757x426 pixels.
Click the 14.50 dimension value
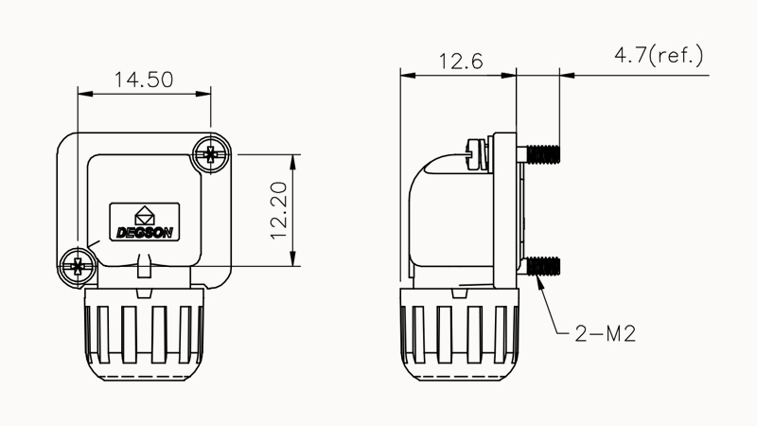pos(143,80)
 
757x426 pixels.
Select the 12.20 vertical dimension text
pos(279,210)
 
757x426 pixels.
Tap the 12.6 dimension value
pos(461,62)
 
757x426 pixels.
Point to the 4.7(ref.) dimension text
pos(660,55)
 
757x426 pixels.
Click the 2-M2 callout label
pos(604,333)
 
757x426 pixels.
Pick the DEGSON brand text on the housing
pos(144,231)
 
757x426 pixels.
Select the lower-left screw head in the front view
pos(77,265)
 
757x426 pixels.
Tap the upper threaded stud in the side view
pos(543,152)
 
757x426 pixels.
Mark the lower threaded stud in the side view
pos(543,264)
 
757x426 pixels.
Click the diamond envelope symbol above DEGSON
pos(145,214)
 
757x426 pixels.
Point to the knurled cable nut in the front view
pos(144,331)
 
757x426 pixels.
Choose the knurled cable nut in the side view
pos(458,331)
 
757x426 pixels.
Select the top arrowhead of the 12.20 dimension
pos(295,158)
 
